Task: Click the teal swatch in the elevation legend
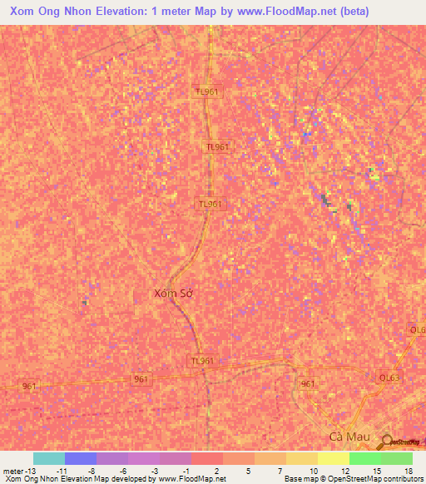tap(49, 458)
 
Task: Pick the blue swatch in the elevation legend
tap(81, 458)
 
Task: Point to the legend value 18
tap(408, 471)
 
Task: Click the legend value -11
tap(61, 471)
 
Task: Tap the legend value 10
tap(313, 471)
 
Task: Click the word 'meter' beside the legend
tap(12, 471)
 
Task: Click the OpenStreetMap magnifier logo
tap(386, 442)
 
